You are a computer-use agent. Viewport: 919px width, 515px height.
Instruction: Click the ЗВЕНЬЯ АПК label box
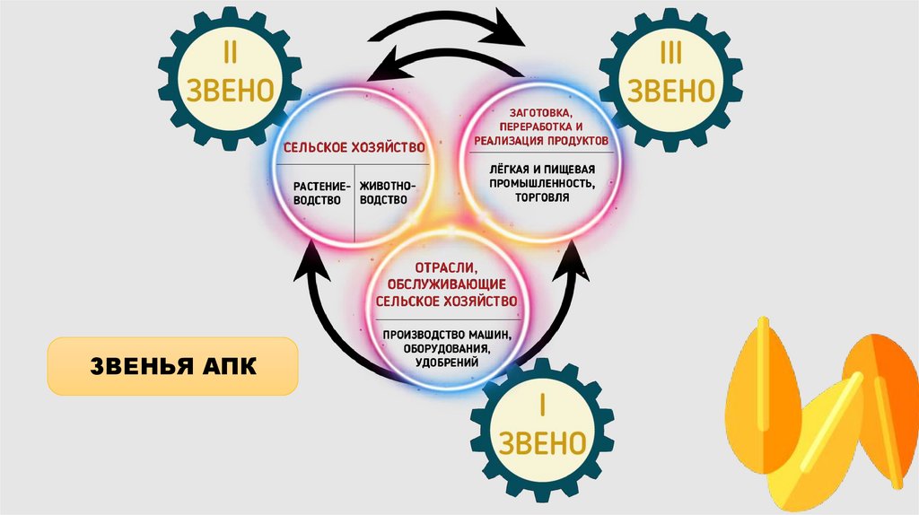tap(172, 365)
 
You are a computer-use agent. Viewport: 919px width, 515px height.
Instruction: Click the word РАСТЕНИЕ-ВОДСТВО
tap(318, 193)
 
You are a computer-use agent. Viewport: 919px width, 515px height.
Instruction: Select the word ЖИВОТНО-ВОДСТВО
tap(388, 193)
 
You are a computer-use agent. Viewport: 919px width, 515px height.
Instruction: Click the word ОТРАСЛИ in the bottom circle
tap(445, 268)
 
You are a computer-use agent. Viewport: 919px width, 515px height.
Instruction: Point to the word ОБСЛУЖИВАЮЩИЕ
tap(446, 284)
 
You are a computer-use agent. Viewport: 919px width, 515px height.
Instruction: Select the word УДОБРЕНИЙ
tap(446, 362)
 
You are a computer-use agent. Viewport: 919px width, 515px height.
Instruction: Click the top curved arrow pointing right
tap(449, 20)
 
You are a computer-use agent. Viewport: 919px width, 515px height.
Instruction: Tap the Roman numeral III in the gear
tap(671, 55)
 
